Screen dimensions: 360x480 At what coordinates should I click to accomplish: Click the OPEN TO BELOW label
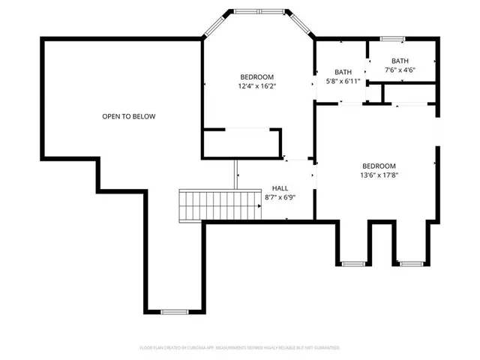pyautogui.click(x=129, y=116)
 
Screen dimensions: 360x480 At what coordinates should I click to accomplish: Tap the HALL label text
pyautogui.click(x=280, y=188)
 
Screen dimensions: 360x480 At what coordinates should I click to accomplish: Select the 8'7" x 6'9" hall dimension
pyautogui.click(x=280, y=198)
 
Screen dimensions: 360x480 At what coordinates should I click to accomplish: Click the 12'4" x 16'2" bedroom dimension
pyautogui.click(x=256, y=86)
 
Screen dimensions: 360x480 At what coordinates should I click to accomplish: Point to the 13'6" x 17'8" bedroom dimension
pyautogui.click(x=379, y=175)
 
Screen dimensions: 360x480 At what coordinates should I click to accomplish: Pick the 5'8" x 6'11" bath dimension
pyautogui.click(x=343, y=80)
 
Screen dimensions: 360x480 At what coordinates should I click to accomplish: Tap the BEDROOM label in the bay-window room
pyautogui.click(x=256, y=76)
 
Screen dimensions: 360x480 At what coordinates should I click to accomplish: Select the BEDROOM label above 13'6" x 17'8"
pyautogui.click(x=379, y=166)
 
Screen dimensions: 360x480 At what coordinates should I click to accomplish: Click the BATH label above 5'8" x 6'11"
pyautogui.click(x=343, y=71)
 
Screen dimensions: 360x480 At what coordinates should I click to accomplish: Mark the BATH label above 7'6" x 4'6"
pyautogui.click(x=400, y=61)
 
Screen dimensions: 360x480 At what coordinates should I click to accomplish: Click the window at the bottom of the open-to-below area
pyautogui.click(x=175, y=311)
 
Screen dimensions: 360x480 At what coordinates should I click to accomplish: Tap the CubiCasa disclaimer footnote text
pyautogui.click(x=239, y=348)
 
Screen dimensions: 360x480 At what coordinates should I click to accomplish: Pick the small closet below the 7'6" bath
pyautogui.click(x=409, y=94)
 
